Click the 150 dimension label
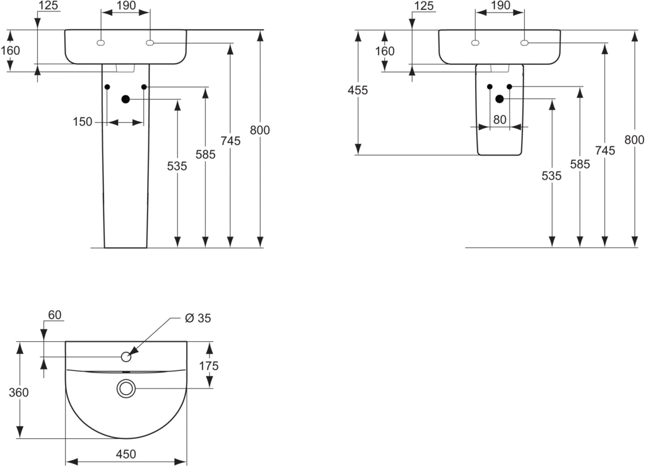[x=83, y=122]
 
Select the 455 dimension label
[x=358, y=90]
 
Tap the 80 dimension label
[x=500, y=119]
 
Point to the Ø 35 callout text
[x=197, y=318]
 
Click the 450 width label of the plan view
[x=126, y=454]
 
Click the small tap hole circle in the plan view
[x=126, y=357]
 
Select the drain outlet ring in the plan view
[x=126, y=389]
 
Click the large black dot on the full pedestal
[x=126, y=99]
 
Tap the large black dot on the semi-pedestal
[x=500, y=99]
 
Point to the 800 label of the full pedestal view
[x=260, y=131]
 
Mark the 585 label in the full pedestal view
[x=206, y=154]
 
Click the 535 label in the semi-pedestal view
[x=551, y=177]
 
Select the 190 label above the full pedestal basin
[x=126, y=6]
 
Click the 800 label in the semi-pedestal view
[x=635, y=139]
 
